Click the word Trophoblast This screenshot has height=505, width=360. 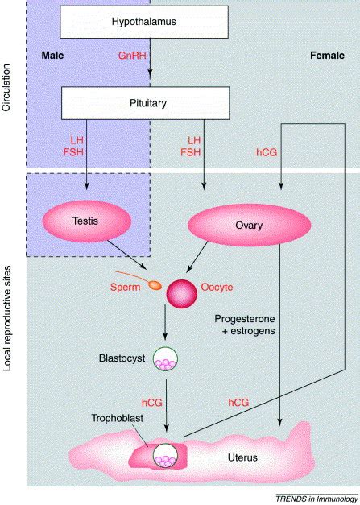(x=114, y=421)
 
